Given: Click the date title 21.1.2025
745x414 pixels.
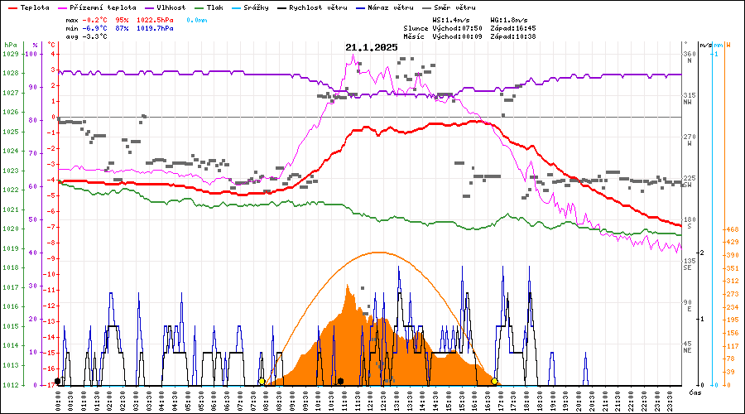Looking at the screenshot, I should tap(372, 47).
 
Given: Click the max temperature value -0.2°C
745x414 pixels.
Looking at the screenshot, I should tap(101, 19).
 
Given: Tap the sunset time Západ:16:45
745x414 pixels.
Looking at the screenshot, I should tap(513, 28).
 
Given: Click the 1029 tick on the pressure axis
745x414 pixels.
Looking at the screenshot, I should tap(10, 54).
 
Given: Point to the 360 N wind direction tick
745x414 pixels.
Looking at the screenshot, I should tap(687, 57).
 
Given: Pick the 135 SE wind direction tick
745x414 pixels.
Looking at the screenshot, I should tap(687, 264).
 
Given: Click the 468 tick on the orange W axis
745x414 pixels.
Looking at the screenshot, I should tap(732, 229).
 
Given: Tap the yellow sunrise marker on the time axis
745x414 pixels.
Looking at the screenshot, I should tap(262, 382).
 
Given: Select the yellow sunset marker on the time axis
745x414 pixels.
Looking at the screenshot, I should tap(495, 382).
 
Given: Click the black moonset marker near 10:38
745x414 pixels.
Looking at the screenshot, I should tap(340, 382).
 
